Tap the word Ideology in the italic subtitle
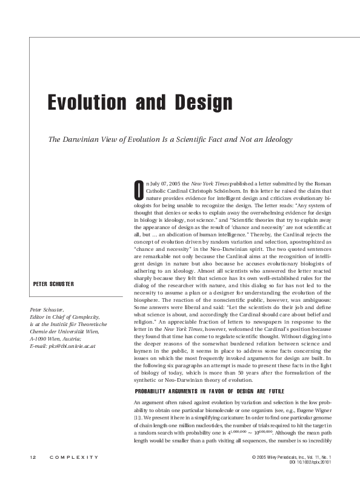click(x=276, y=139)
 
